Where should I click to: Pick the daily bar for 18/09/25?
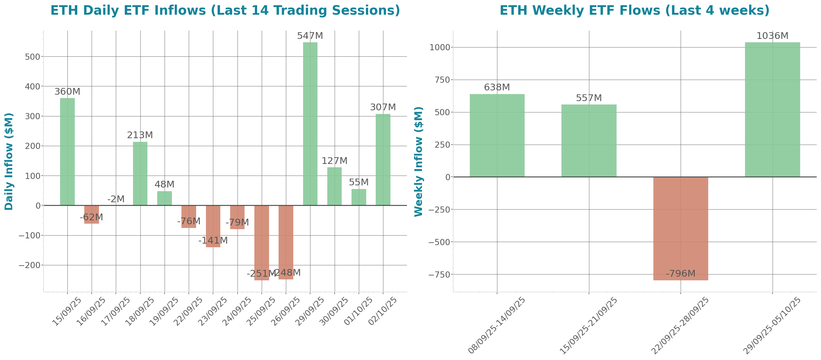point(140,173)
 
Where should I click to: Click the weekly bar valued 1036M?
point(772,110)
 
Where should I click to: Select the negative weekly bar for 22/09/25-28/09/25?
point(680,229)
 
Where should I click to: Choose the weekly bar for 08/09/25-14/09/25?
point(497,135)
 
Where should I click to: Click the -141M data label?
point(213,241)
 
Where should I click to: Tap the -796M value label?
point(680,274)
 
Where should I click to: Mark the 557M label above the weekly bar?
point(589,98)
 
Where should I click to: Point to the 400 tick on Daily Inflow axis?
point(32,86)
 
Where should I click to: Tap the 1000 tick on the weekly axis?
point(440,47)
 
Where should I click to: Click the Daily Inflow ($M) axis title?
point(9,161)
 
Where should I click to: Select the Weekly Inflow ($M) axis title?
point(418,161)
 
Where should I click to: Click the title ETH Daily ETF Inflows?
point(225,10)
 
